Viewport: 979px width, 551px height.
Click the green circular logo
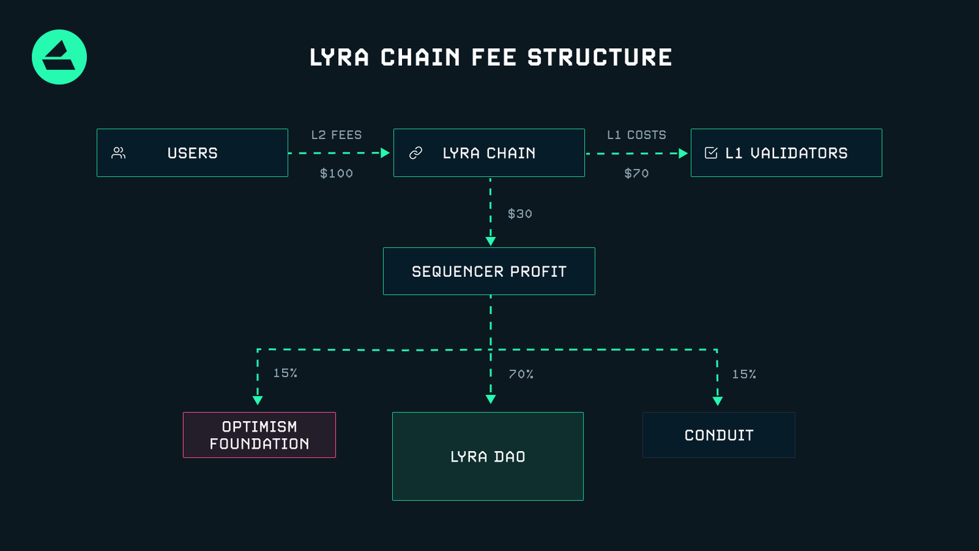coord(59,57)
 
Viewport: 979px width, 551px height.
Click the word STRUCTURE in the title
coord(599,57)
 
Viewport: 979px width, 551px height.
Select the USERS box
coord(193,153)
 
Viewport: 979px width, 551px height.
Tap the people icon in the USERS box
coord(118,153)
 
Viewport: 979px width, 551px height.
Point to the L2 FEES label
coord(336,135)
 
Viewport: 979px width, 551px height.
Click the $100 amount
coord(336,174)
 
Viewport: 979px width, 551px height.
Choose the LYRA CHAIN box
coord(489,153)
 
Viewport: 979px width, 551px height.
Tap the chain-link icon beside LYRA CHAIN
coord(416,153)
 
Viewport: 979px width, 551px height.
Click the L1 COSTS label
coord(636,135)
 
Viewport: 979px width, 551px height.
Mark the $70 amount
coord(636,174)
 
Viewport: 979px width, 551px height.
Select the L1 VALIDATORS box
coord(786,153)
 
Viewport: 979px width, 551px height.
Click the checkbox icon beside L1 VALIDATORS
coord(711,153)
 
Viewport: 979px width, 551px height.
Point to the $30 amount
coord(520,214)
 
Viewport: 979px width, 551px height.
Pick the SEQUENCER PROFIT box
coord(489,272)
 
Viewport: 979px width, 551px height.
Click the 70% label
coord(521,374)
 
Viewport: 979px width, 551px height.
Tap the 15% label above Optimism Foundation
coord(285,373)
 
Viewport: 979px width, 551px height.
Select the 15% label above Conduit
coord(744,374)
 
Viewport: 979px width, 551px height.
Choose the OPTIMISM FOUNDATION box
coord(259,435)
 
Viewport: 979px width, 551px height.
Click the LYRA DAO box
coord(488,456)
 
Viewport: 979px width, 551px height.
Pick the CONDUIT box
coord(719,435)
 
